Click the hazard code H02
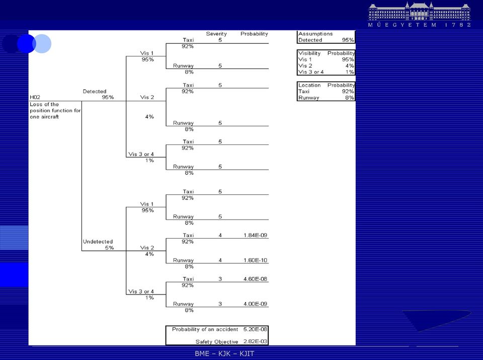pyautogui.click(x=35, y=97)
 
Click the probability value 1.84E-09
pyautogui.click(x=255, y=235)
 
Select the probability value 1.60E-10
pyautogui.click(x=255, y=260)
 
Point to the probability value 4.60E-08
pyautogui.click(x=255, y=279)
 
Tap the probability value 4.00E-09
pyautogui.click(x=255, y=304)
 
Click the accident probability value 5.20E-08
pyautogui.click(x=255, y=329)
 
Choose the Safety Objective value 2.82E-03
pyautogui.click(x=255, y=341)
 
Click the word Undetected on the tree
pyautogui.click(x=98, y=242)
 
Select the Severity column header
pyautogui.click(x=216, y=34)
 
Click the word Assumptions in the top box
pyautogui.click(x=315, y=34)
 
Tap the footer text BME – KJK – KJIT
pyautogui.click(x=224, y=353)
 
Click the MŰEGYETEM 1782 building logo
pyautogui.click(x=420, y=15)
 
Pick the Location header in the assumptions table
pyautogui.click(x=309, y=85)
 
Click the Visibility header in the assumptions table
pyautogui.click(x=309, y=53)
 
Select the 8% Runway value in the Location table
pyautogui.click(x=349, y=98)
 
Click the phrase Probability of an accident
pyautogui.click(x=205, y=329)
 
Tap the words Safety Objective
pyautogui.click(x=217, y=342)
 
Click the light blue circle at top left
pyautogui.click(x=42, y=44)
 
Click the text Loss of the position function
pyautogui.click(x=55, y=108)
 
